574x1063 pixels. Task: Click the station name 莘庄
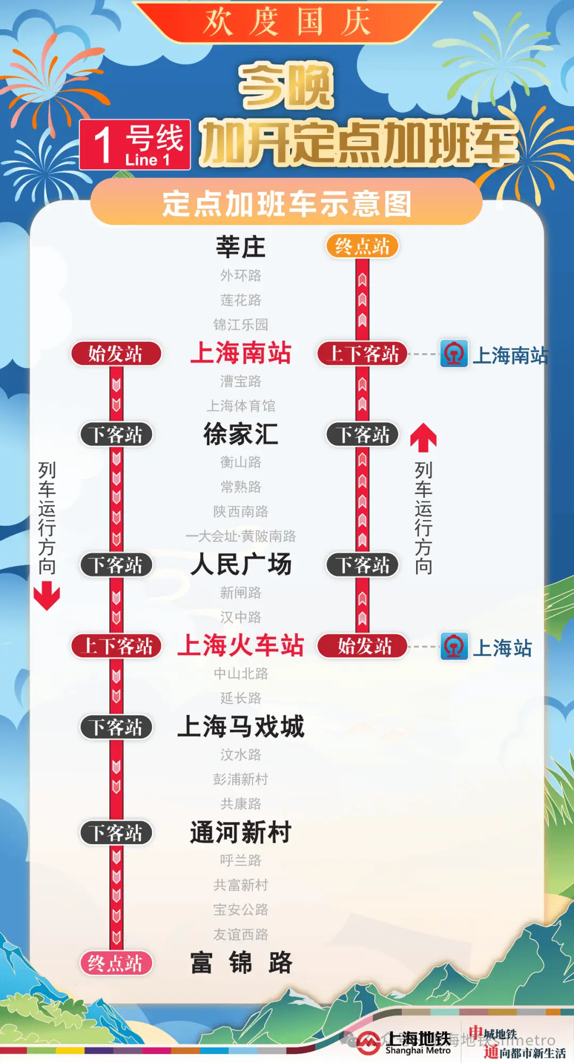240,247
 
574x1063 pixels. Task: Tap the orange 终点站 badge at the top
362,246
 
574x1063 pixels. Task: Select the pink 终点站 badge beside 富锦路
116,963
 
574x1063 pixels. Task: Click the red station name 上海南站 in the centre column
241,353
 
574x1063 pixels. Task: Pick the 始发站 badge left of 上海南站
116,354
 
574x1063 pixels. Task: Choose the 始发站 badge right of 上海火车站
362,647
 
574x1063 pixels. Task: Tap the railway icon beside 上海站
454,647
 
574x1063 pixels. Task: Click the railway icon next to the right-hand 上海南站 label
454,354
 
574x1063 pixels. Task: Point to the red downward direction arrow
47,596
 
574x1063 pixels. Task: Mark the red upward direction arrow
424,437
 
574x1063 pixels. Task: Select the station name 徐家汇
241,435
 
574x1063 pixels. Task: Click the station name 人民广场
241,565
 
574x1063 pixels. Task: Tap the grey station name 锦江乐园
241,325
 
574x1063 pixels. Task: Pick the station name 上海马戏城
241,727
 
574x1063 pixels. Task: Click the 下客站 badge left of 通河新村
116,833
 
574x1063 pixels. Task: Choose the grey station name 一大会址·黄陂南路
241,536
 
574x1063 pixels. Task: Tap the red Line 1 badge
135,145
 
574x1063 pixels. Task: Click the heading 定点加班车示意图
287,204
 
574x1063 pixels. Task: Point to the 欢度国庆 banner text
287,22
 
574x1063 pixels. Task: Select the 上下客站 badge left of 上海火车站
116,647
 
